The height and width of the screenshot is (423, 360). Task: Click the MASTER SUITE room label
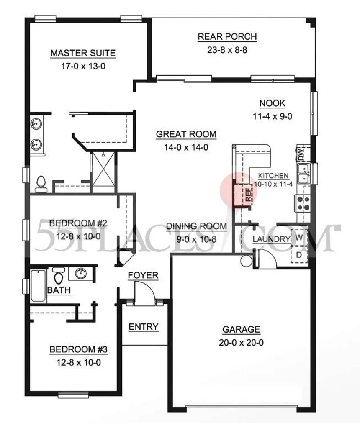(x=83, y=53)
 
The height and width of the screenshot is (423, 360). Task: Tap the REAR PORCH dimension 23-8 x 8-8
(x=227, y=50)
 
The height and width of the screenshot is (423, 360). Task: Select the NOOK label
(x=272, y=103)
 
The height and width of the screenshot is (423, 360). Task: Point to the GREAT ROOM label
(x=186, y=134)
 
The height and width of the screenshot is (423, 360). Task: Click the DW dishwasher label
(x=301, y=154)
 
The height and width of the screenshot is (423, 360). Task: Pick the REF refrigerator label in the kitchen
(x=249, y=195)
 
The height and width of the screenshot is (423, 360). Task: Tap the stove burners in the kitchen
(x=303, y=203)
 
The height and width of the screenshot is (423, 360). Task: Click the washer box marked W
(x=299, y=237)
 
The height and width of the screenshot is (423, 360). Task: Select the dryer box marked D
(x=299, y=255)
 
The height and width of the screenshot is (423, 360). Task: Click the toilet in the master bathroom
(x=41, y=184)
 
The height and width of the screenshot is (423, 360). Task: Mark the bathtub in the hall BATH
(x=38, y=286)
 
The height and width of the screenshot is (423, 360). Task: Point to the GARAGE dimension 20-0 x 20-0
(x=241, y=343)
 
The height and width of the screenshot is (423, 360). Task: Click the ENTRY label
(x=143, y=327)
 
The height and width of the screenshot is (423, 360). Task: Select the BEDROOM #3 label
(x=79, y=349)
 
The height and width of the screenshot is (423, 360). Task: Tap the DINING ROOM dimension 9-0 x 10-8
(x=196, y=239)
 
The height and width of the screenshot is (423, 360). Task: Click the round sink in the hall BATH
(x=80, y=273)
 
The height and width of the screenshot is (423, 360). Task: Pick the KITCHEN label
(x=273, y=176)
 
